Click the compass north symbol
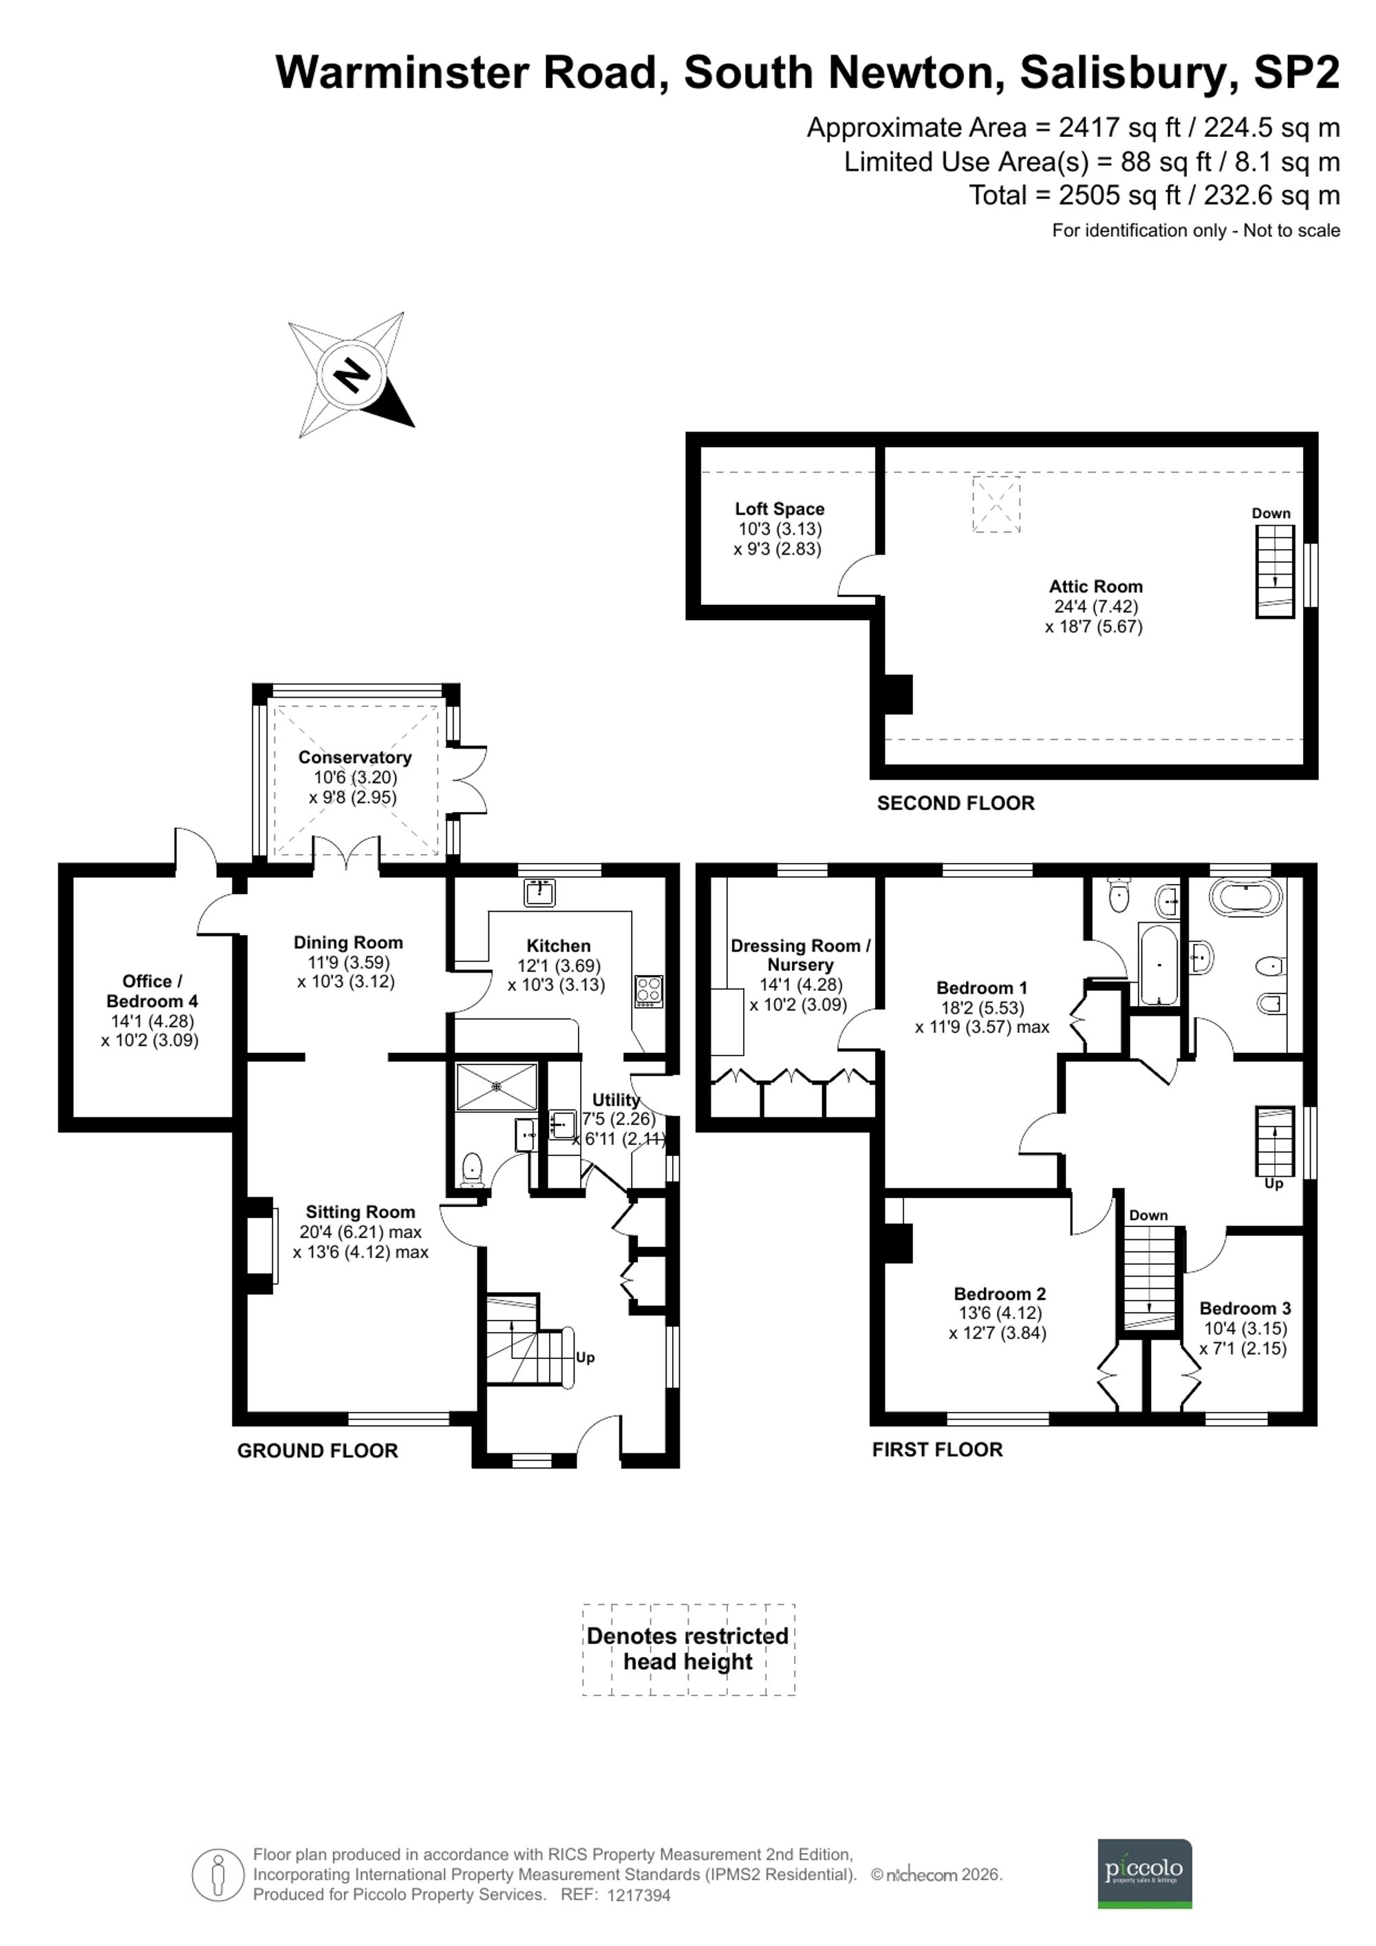point(350,374)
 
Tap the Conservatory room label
point(354,757)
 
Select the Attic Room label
point(1095,586)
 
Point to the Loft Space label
point(779,509)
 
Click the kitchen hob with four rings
point(648,992)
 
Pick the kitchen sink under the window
point(539,892)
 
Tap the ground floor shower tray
point(497,1086)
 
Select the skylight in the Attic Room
point(996,504)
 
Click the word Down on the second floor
point(1271,513)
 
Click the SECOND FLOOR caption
point(955,804)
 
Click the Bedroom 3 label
point(1244,1309)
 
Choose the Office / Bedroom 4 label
point(151,991)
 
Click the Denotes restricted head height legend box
point(688,1649)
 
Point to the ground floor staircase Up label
point(585,1357)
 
